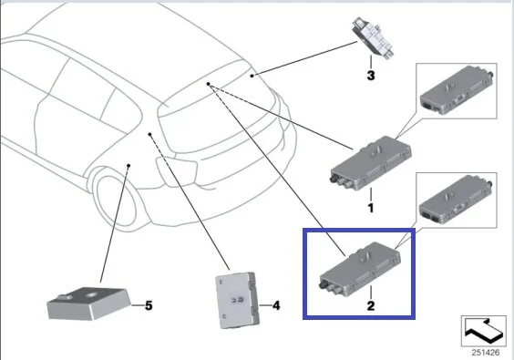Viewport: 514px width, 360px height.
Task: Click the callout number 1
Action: tap(371, 208)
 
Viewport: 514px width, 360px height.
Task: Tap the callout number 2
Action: tap(371, 306)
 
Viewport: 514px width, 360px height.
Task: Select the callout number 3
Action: tap(371, 76)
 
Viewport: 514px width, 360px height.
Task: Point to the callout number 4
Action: tap(276, 306)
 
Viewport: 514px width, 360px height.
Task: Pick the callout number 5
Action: tap(149, 305)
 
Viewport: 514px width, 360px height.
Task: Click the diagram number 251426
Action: tap(486, 353)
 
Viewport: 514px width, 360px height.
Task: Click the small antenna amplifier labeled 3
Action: tap(373, 38)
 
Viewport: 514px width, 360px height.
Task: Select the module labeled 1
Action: tap(370, 162)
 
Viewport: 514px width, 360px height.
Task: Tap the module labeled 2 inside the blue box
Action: tap(360, 266)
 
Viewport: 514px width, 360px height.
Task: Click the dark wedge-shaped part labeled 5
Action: tap(88, 303)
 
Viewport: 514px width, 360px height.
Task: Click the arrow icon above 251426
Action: tap(484, 331)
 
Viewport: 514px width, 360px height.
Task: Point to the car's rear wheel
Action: tap(116, 200)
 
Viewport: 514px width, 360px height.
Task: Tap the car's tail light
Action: tap(177, 171)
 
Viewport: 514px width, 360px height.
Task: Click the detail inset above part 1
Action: tap(457, 91)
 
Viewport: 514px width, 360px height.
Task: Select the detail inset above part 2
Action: tap(457, 200)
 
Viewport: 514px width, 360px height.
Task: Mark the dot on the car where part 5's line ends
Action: tap(128, 166)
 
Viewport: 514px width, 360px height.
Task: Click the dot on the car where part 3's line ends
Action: tap(252, 76)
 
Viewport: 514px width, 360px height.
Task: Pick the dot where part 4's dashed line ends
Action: tap(149, 134)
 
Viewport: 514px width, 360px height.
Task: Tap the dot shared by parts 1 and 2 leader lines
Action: tap(208, 84)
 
